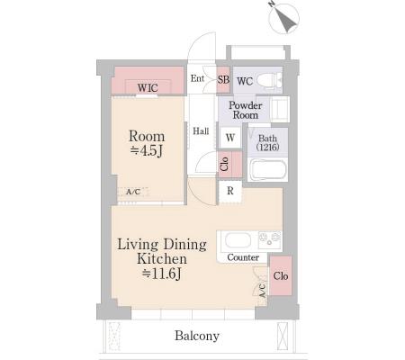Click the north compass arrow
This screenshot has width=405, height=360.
(x=286, y=20)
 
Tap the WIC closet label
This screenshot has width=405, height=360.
(x=148, y=88)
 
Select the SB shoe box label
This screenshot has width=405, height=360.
(x=223, y=79)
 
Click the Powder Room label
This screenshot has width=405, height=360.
(x=246, y=110)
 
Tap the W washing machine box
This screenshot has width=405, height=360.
(x=230, y=138)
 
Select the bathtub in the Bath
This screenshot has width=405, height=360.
(x=268, y=170)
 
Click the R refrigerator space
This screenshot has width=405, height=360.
(x=230, y=191)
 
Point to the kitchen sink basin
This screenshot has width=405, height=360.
(x=238, y=240)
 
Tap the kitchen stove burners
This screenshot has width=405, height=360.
(x=270, y=239)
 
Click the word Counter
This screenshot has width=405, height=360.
(x=243, y=257)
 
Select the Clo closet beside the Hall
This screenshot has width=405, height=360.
(x=229, y=164)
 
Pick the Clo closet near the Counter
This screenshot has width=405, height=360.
(x=281, y=275)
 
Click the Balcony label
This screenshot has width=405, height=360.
(x=197, y=336)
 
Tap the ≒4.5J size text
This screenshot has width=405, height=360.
(x=147, y=150)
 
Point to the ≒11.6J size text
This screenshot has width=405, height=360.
(x=162, y=274)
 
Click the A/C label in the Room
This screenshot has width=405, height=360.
(x=133, y=192)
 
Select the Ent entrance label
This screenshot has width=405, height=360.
(x=197, y=78)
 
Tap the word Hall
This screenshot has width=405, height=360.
(x=201, y=131)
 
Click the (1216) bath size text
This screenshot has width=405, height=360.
(x=268, y=147)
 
